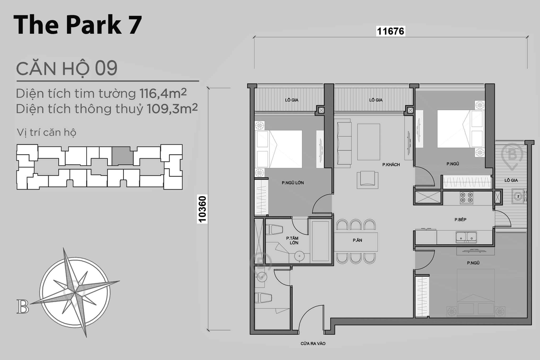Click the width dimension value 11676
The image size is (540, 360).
click(x=390, y=31)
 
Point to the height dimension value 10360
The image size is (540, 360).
click(x=202, y=209)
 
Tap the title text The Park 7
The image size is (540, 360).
click(x=78, y=25)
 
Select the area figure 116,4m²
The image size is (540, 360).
click(x=163, y=93)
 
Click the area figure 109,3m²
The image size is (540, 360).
click(x=172, y=109)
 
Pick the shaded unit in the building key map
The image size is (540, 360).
click(x=122, y=156)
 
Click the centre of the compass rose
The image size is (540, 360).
click(x=75, y=292)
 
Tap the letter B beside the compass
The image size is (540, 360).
click(x=23, y=307)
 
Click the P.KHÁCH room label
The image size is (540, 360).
click(x=391, y=165)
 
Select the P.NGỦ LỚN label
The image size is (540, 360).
click(x=293, y=183)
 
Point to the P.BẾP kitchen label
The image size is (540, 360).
click(x=460, y=220)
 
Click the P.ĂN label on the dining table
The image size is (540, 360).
click(x=357, y=240)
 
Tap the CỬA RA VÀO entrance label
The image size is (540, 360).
click(x=313, y=344)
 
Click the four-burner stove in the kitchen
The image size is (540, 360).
click(x=466, y=198)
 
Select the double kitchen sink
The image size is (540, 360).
click(x=466, y=237)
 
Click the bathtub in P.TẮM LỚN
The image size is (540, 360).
click(x=320, y=241)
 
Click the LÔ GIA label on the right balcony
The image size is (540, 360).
click(x=511, y=180)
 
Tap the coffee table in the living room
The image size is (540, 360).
click(x=368, y=142)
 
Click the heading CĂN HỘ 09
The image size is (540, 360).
click(x=67, y=68)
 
